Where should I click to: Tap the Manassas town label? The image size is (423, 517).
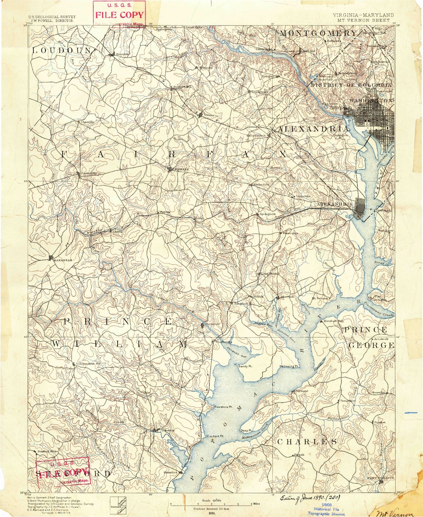(x=62, y=260)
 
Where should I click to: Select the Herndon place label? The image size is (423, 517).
(x=122, y=54)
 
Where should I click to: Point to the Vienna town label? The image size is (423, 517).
(x=209, y=115)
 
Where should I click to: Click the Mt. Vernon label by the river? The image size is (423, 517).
(x=320, y=298)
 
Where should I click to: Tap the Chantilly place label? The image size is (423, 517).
(x=87, y=122)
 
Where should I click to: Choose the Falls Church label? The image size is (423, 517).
(x=256, y=135)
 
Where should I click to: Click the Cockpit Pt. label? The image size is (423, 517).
(x=215, y=436)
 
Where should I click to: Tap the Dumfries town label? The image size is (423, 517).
(x=167, y=430)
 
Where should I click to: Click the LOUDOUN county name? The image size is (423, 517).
(x=61, y=50)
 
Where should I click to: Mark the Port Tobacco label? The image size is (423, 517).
(x=381, y=478)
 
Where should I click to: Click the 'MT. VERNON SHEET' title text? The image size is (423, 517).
(x=363, y=20)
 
